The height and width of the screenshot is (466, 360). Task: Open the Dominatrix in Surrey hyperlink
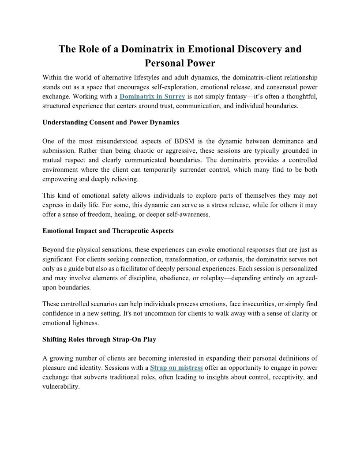click(152, 96)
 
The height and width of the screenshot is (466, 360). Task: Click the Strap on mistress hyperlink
click(176, 368)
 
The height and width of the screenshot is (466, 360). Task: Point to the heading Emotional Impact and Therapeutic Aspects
click(108, 230)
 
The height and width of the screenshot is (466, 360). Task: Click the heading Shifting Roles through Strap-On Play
click(99, 339)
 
